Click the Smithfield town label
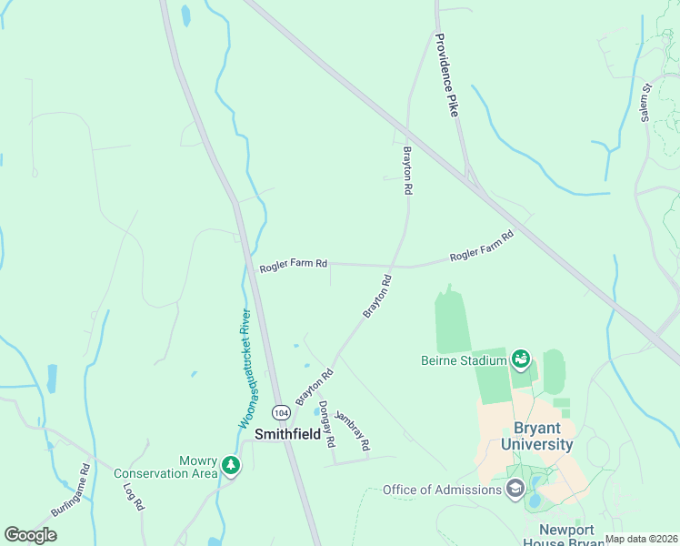pos(287,434)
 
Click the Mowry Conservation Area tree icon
pos(232,466)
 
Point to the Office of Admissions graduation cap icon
pos(515,490)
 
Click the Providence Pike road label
pos(449,75)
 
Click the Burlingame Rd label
pos(71,491)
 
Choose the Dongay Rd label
pos(327,425)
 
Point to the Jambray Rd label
pos(353,430)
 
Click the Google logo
pos(30,535)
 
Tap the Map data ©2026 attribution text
pos(642,539)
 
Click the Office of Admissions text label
pos(442,490)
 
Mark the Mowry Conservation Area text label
pos(166,466)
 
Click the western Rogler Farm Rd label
pos(293,266)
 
